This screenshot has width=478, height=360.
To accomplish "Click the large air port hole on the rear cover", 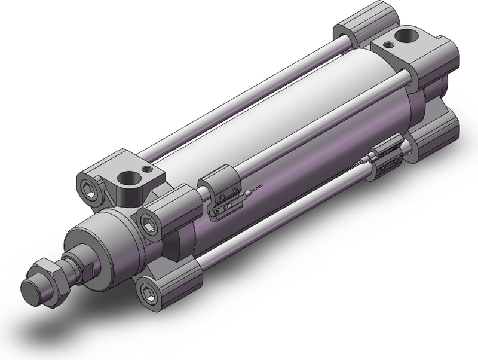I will [x=409, y=36].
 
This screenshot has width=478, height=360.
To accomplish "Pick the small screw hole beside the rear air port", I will [x=389, y=44].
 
